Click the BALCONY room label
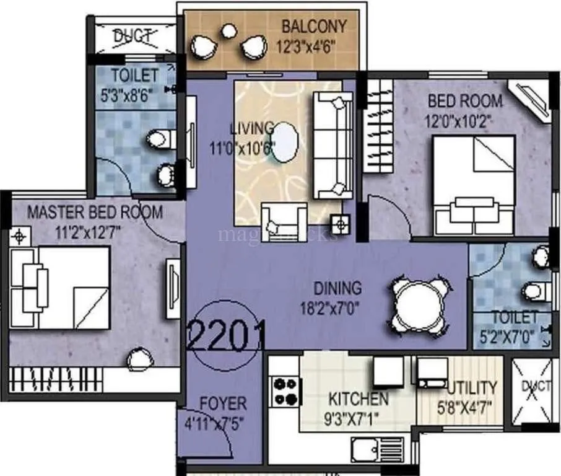click(314, 27)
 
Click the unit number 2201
click(226, 335)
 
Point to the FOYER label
click(223, 404)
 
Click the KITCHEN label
click(359, 399)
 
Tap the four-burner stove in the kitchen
click(286, 391)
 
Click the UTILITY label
click(472, 388)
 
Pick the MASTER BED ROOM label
click(95, 212)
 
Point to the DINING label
click(337, 288)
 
